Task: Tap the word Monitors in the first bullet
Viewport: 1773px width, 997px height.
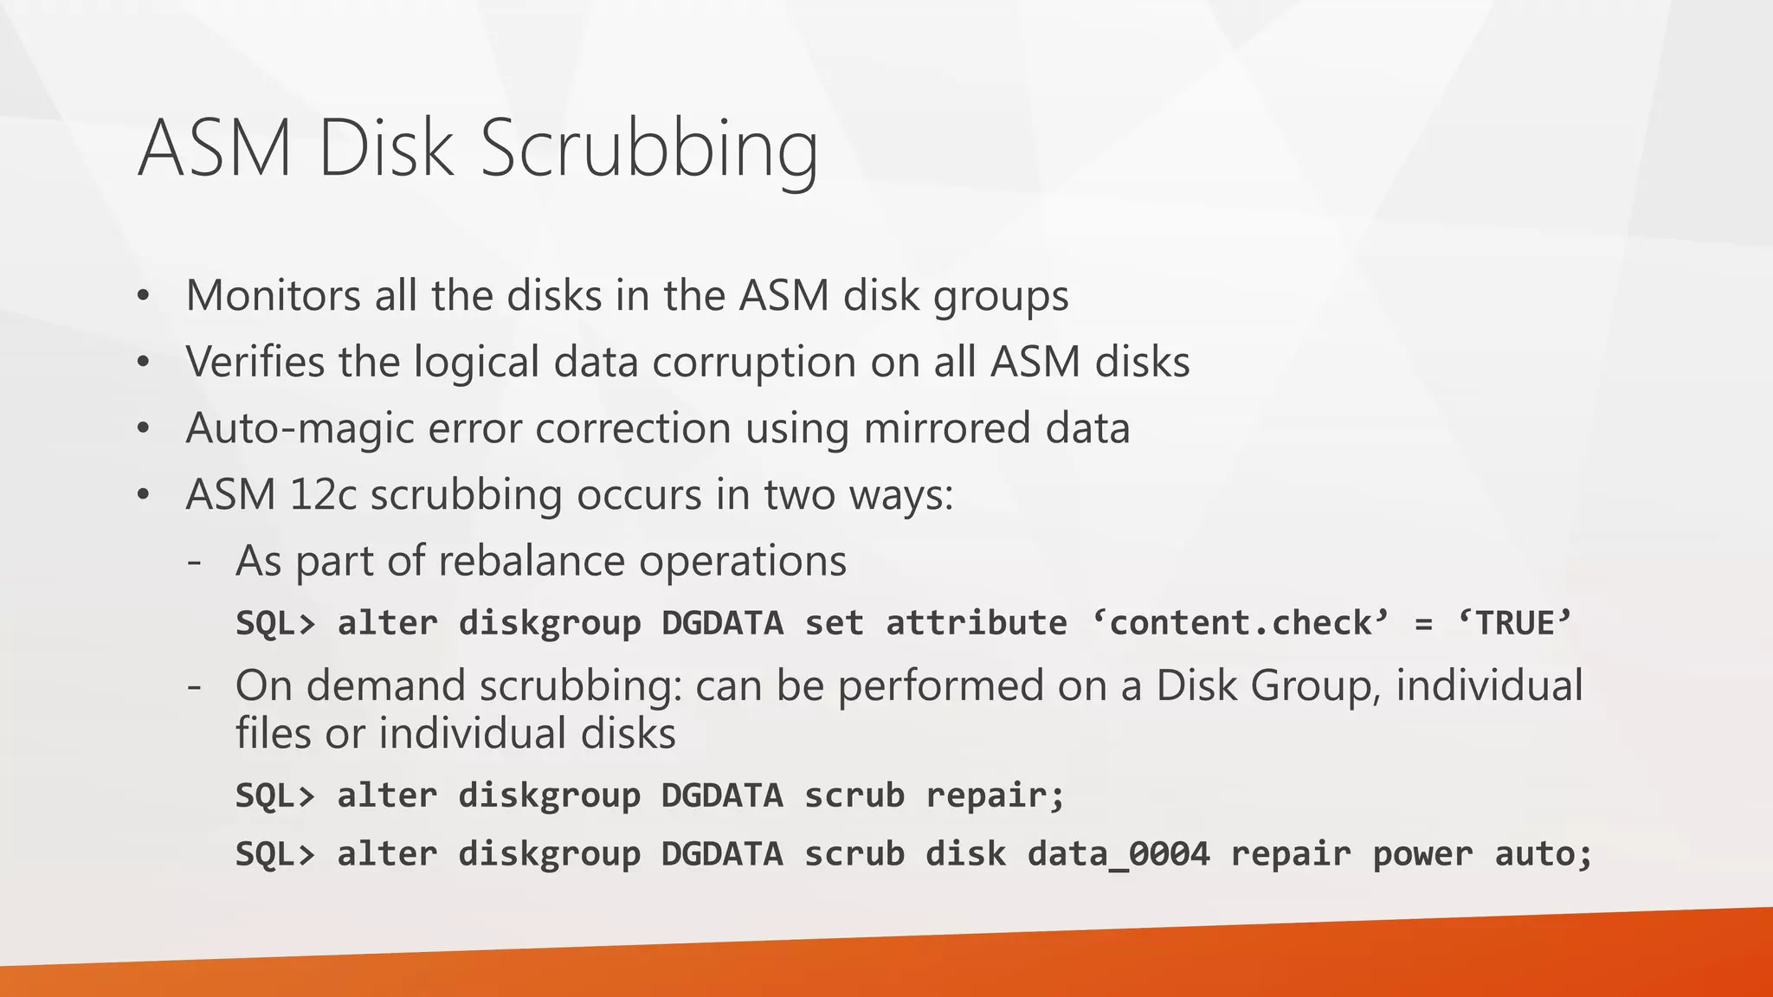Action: tap(273, 295)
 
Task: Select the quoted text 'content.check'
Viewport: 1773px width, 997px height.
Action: tap(1240, 623)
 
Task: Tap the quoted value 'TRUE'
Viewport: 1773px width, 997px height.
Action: tap(1513, 623)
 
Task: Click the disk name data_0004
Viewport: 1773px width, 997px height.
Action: tap(1118, 854)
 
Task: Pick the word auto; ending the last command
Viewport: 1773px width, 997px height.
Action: tap(1543, 854)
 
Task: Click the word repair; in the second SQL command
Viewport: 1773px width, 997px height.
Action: tap(995, 795)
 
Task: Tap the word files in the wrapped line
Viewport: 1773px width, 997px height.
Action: tap(274, 733)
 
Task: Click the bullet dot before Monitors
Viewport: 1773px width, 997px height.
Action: tap(144, 297)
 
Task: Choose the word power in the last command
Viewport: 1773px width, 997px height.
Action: tap(1422, 854)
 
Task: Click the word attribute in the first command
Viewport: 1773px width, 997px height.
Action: tap(976, 623)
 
